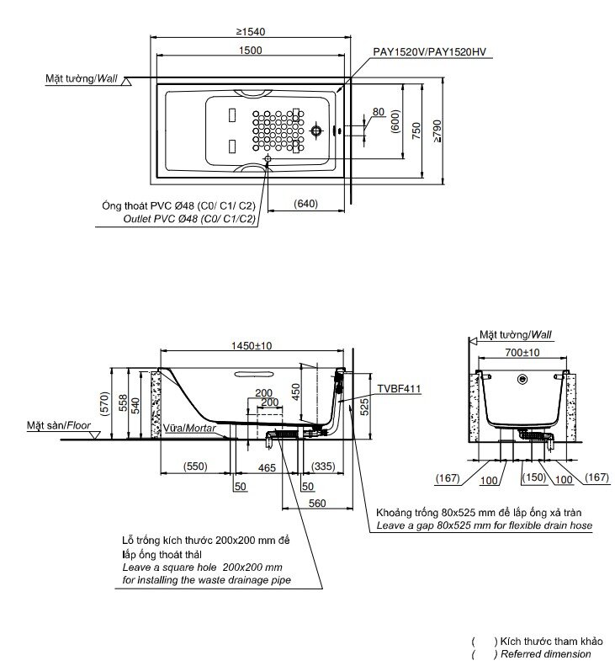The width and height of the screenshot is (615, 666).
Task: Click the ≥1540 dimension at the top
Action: click(252, 31)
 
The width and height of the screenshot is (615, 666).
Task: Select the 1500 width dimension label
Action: click(250, 51)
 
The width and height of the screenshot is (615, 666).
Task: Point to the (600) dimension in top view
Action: click(395, 121)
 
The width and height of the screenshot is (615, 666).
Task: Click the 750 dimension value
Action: click(416, 129)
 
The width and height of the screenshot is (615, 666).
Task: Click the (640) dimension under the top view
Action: click(306, 203)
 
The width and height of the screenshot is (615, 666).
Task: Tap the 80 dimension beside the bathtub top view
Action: click(378, 112)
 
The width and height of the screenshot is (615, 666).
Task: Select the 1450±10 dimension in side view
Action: click(251, 346)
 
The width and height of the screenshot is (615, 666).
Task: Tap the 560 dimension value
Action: click(316, 503)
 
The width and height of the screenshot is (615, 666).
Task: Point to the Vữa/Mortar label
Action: click(190, 428)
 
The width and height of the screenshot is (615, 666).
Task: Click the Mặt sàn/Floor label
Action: click(57, 427)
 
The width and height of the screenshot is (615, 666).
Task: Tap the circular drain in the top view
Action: click(317, 131)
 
